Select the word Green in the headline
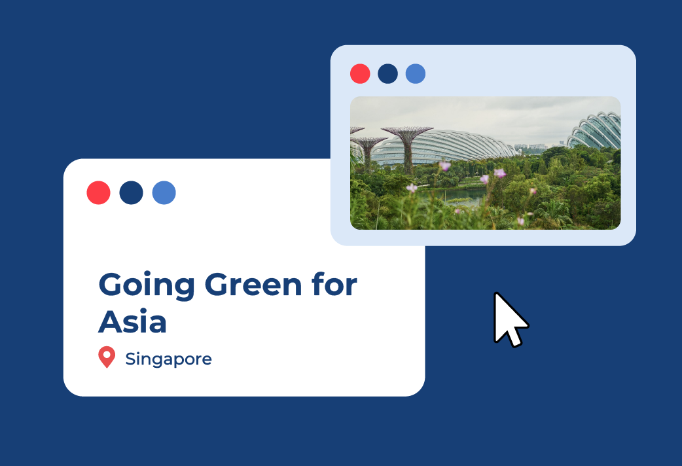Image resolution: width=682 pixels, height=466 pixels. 253,285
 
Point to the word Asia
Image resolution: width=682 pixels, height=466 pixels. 133,321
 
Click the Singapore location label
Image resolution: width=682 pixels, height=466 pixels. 168,359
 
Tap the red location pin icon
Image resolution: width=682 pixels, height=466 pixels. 107,357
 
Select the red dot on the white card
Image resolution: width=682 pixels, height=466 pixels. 98,193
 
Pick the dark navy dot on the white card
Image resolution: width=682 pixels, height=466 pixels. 132,193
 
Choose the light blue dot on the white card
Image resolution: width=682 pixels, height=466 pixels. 164,193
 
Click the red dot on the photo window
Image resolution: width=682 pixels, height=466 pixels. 360,73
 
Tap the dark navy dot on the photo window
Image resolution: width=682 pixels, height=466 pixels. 388,73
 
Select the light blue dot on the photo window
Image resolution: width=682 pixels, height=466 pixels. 416,73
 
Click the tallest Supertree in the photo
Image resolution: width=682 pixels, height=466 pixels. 408,148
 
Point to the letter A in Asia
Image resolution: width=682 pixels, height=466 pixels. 111,322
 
